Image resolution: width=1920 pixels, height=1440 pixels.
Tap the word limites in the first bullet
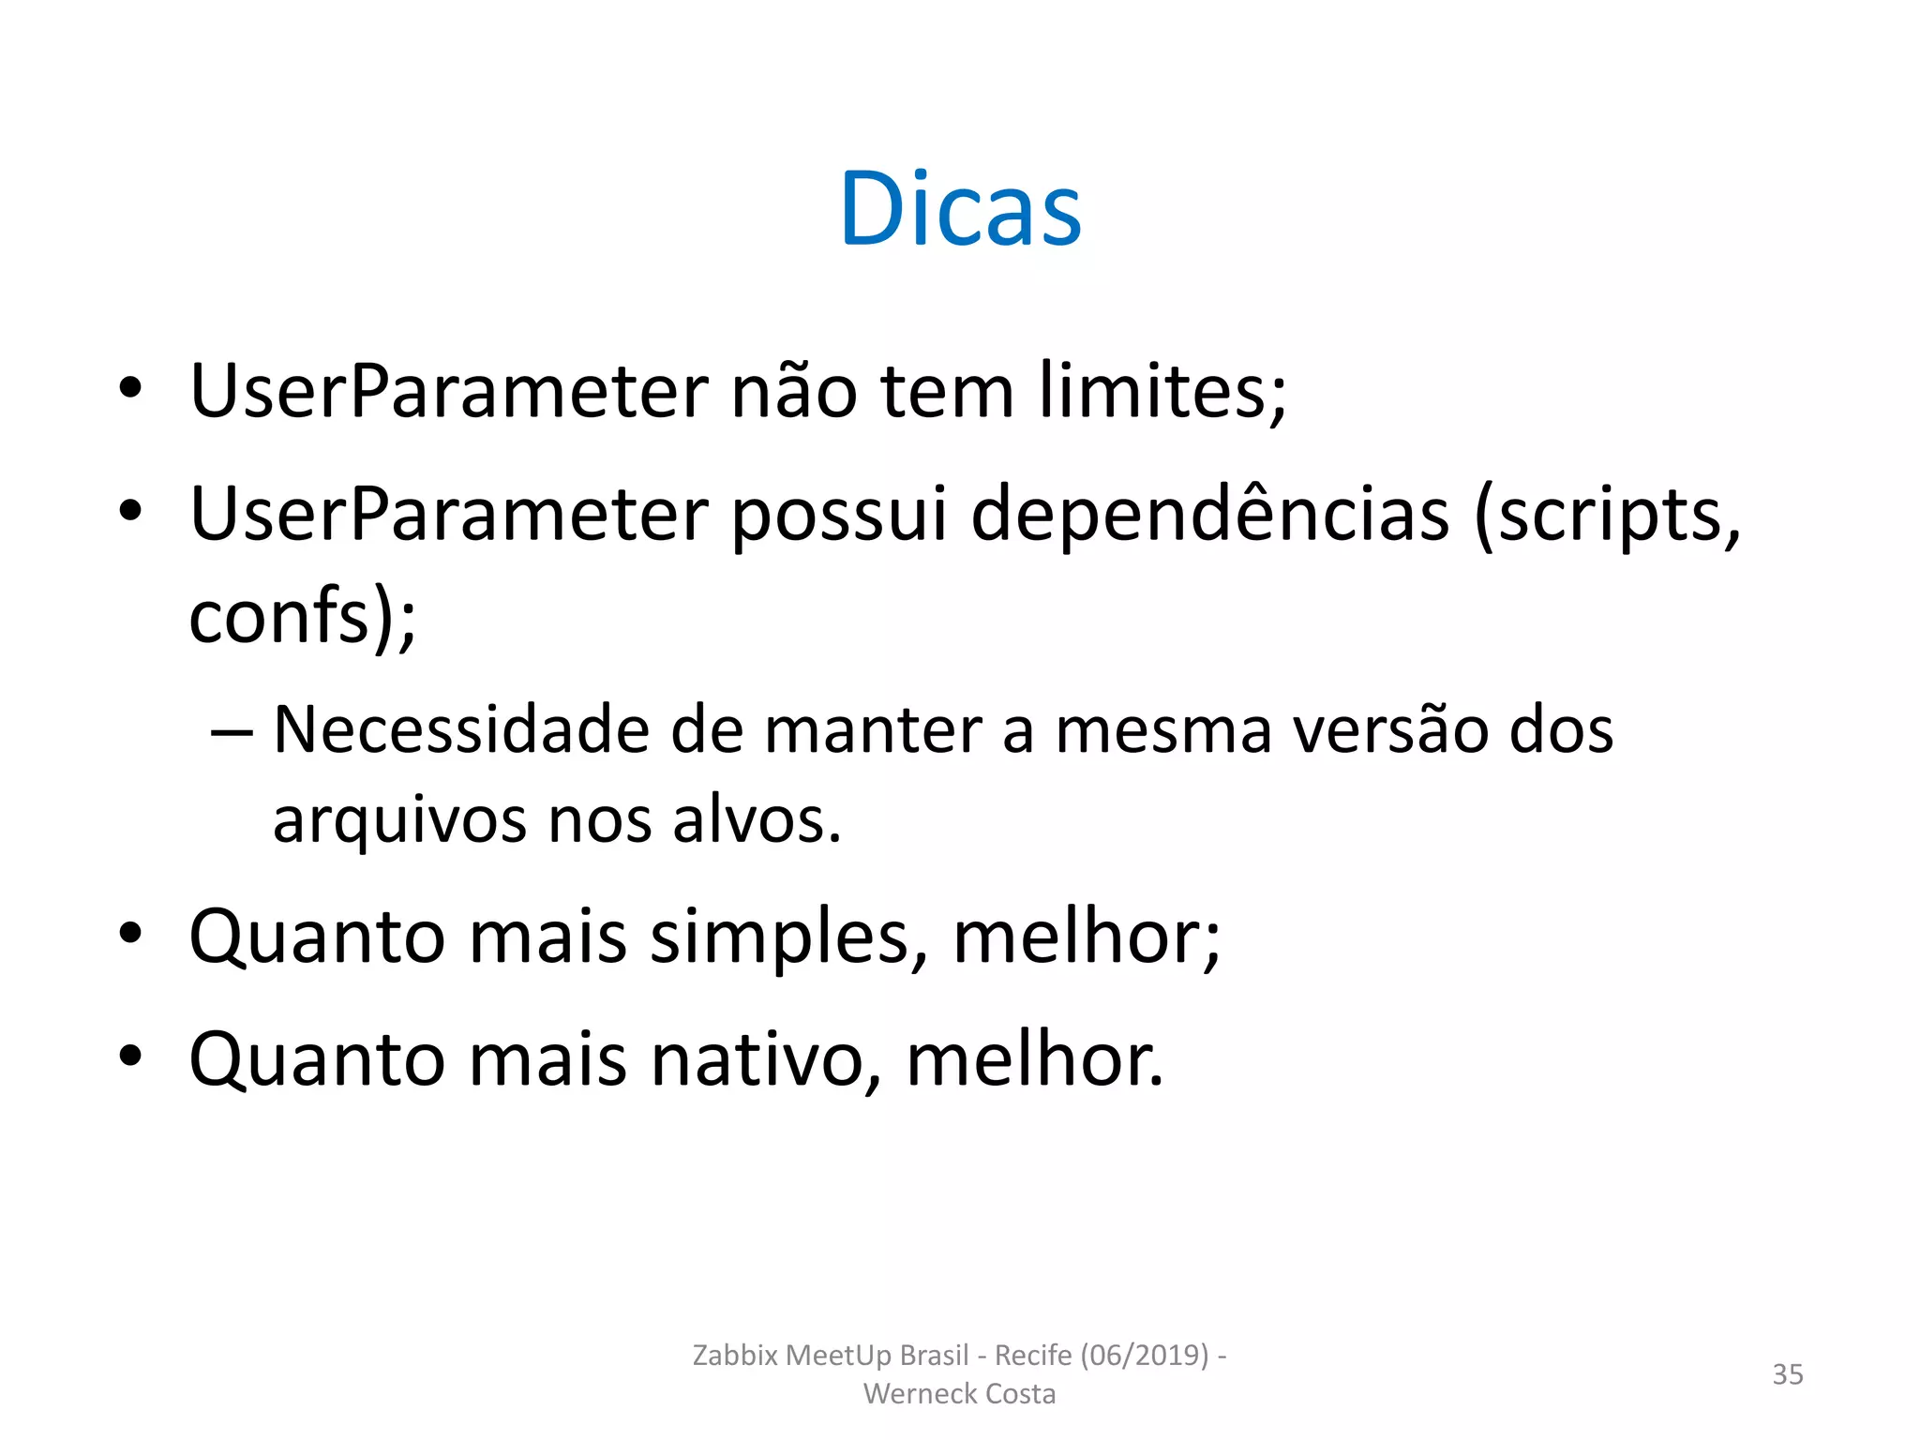(x=1162, y=392)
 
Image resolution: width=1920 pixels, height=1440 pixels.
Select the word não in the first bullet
(x=793, y=392)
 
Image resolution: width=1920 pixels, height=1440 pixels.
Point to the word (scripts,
(x=1607, y=516)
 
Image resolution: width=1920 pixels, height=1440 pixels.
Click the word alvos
(x=757, y=821)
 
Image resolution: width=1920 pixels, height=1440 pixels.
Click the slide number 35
(x=1787, y=1374)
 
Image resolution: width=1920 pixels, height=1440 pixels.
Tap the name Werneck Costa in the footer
(x=959, y=1394)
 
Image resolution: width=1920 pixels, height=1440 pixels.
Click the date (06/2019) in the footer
(x=1145, y=1356)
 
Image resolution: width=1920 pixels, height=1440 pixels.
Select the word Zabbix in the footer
(x=735, y=1356)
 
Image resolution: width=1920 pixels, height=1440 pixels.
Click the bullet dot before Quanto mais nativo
(x=130, y=1057)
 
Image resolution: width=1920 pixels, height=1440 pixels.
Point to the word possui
(x=839, y=516)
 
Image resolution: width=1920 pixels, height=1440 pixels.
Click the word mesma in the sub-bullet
(x=1162, y=730)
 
